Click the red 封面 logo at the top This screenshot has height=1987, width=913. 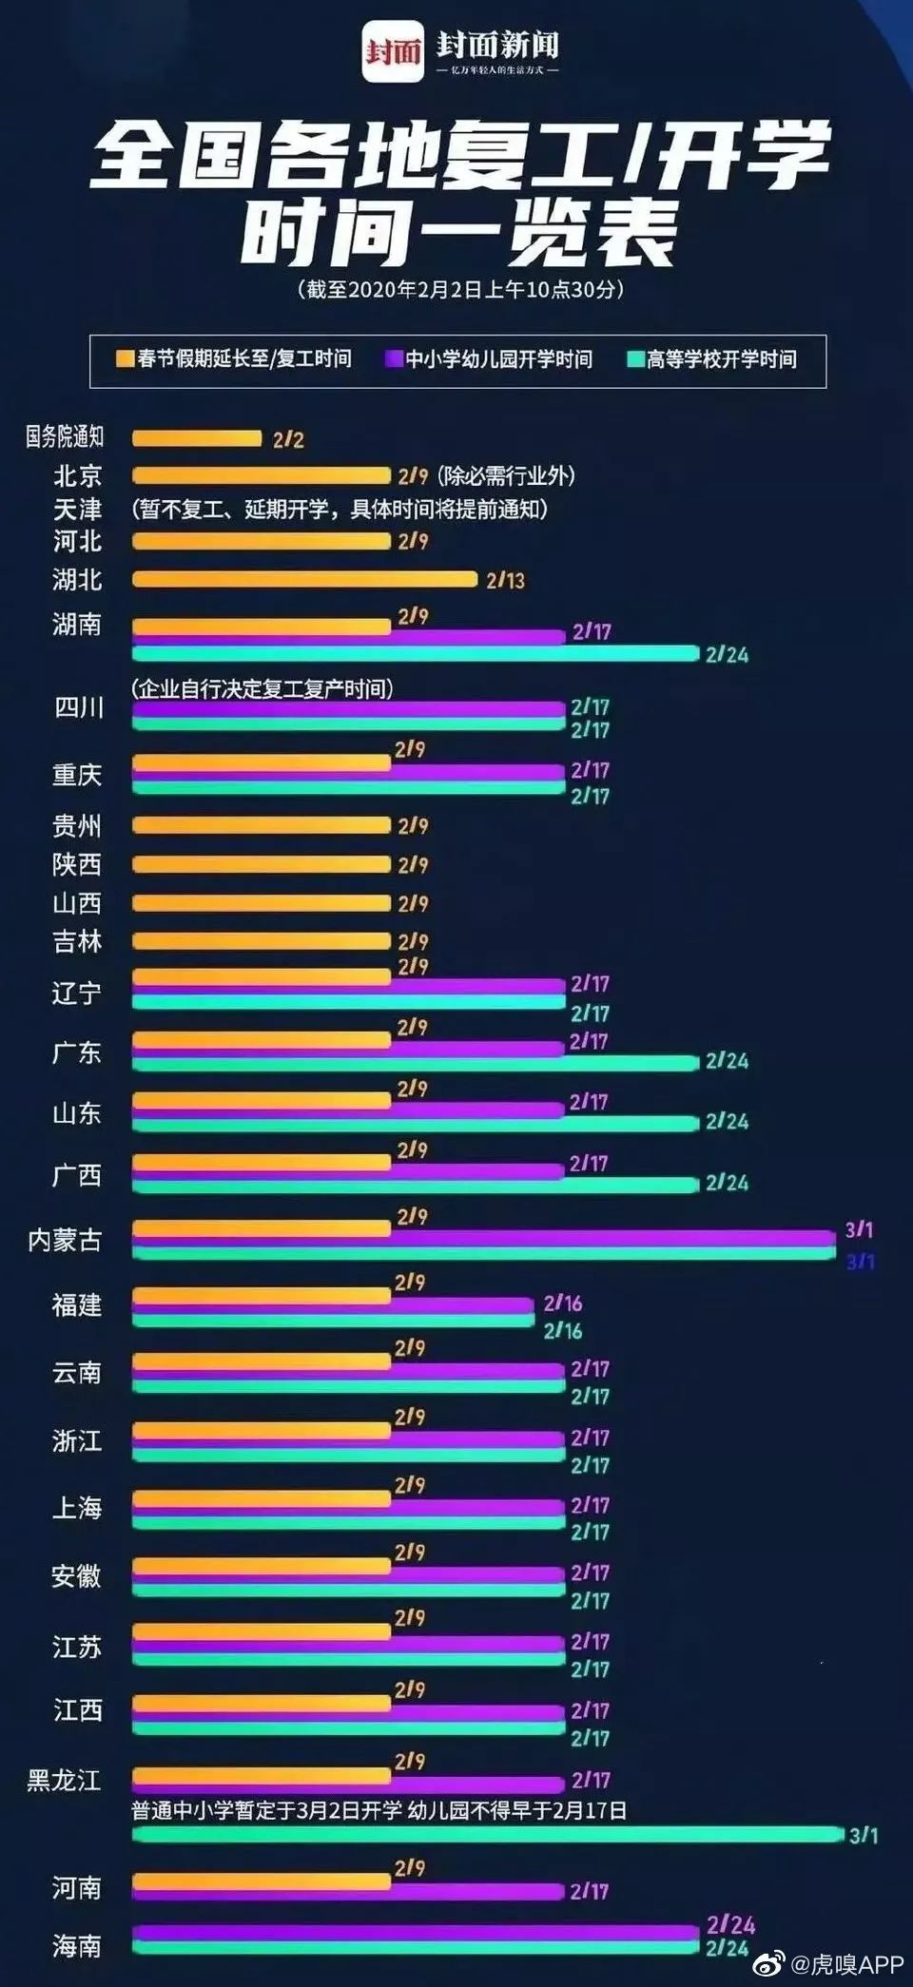pos(393,51)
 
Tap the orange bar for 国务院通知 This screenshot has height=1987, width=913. pos(196,438)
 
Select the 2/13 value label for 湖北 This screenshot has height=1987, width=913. pos(505,580)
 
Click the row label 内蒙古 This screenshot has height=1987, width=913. pos(65,1240)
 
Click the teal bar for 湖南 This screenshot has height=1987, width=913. pos(416,653)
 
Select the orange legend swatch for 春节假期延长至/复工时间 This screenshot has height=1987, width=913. pos(125,358)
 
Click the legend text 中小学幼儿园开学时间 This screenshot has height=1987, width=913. pos(498,359)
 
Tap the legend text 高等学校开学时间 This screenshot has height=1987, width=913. pos(721,359)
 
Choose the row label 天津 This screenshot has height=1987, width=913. pos(77,510)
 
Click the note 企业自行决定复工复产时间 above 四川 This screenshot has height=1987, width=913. pos(262,688)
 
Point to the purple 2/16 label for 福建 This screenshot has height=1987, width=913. pos(563,1303)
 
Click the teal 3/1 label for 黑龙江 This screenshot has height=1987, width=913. pos(864,1835)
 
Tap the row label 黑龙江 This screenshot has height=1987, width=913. pos(64,1781)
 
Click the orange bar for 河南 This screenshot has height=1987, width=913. pos(262,1881)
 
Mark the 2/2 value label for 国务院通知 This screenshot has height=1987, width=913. pos(288,439)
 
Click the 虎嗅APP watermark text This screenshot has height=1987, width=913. pos(845,1964)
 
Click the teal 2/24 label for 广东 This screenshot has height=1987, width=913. pos(727,1061)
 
